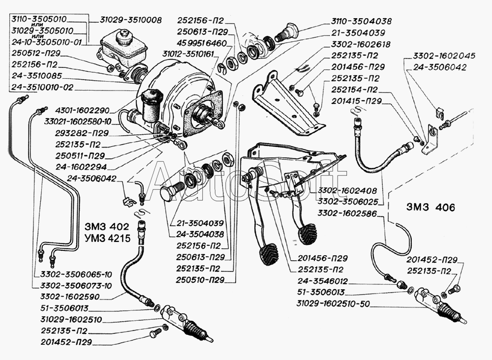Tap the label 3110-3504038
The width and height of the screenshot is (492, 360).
(361, 22)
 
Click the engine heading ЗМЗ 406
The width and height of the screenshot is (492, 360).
(431, 208)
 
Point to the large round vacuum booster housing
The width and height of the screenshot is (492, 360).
(172, 93)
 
